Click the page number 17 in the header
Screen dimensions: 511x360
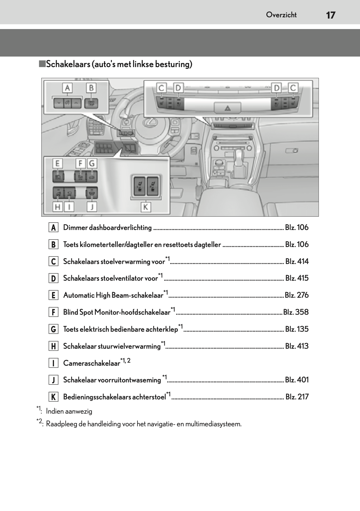[x=330, y=15]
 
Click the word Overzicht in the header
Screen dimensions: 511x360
[x=281, y=15]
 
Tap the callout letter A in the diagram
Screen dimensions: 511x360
[x=67, y=88]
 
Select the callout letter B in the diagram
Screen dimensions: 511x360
[x=91, y=88]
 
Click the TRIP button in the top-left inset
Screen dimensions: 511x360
[x=91, y=103]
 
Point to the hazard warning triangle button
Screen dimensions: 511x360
[x=228, y=108]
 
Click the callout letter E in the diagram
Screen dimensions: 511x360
[x=57, y=163]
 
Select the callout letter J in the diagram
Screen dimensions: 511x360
[x=92, y=206]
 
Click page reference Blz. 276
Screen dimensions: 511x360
[x=297, y=295]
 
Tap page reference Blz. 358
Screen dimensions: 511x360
[x=296, y=312]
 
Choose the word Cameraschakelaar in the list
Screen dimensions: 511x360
[x=92, y=363]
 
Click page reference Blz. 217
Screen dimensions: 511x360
[x=297, y=397]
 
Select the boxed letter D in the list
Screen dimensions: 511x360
[x=53, y=279]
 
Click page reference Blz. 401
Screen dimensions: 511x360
[x=297, y=380]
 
